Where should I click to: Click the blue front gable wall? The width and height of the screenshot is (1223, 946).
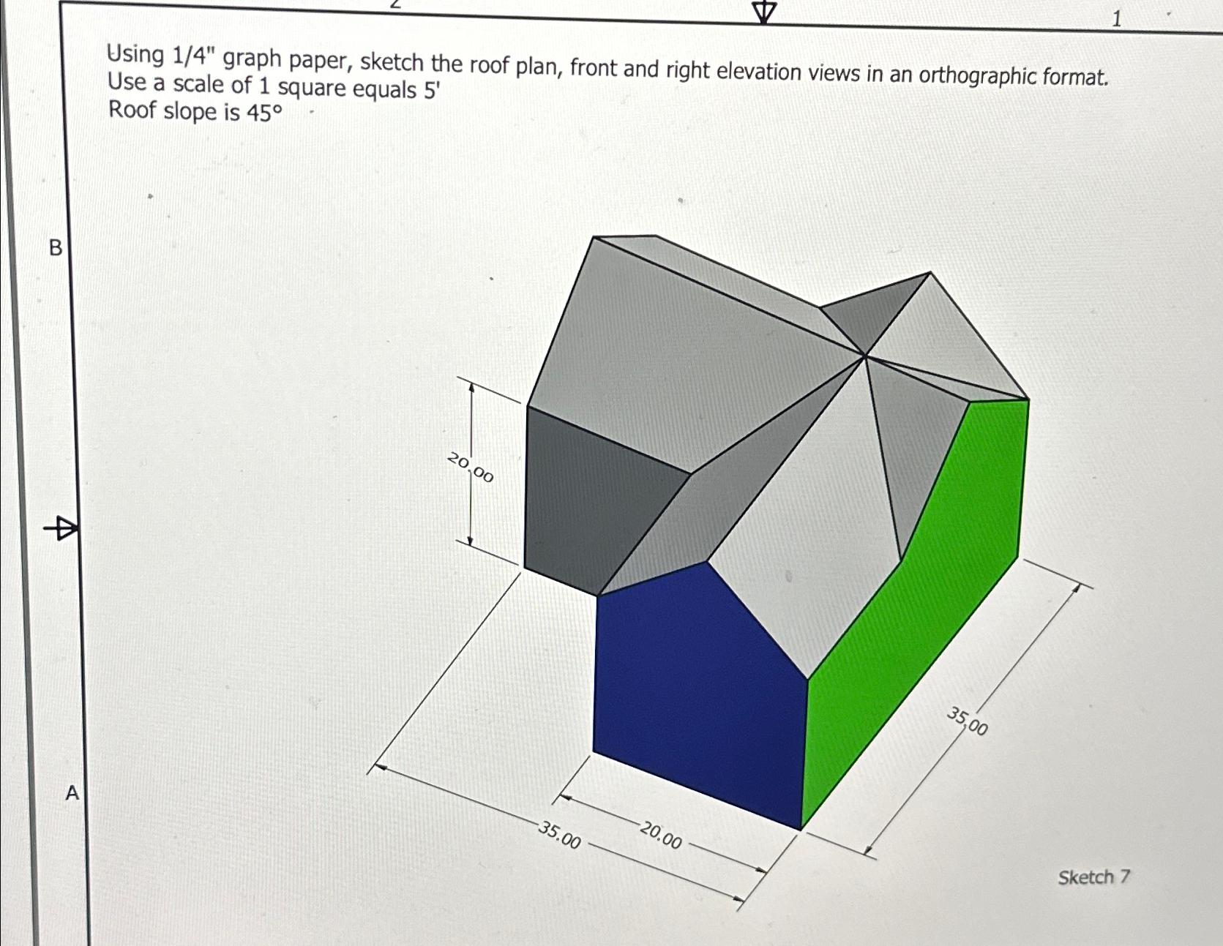[695, 688]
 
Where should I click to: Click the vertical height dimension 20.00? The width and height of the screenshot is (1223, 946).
[471, 468]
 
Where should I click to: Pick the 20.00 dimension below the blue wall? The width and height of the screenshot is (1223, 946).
[662, 835]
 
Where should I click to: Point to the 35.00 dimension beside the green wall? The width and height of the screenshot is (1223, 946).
[968, 721]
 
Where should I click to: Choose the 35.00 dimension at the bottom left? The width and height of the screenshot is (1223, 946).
[560, 835]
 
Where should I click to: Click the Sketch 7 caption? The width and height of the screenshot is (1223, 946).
[1093, 876]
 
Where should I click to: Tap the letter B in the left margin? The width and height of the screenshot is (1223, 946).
[56, 248]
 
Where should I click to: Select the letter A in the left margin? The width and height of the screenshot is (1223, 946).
[72, 792]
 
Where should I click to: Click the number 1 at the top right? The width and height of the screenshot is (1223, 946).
[1116, 20]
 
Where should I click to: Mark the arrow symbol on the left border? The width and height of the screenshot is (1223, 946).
[61, 527]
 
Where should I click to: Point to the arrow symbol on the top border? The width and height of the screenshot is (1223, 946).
[764, 11]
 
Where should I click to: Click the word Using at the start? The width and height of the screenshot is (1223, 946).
[135, 53]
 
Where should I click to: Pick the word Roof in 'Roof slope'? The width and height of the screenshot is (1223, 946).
[132, 110]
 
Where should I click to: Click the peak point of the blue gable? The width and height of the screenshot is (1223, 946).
[706, 562]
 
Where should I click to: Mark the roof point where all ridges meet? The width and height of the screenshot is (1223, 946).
[865, 356]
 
